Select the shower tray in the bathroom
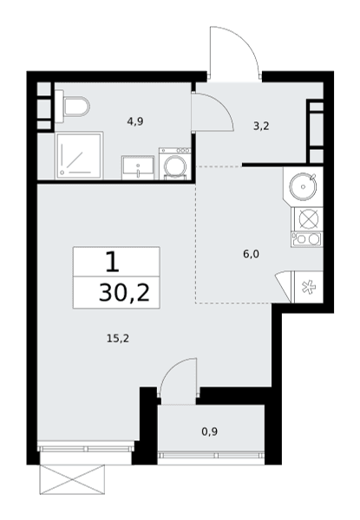click(79, 156)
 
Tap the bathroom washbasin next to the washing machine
click(138, 168)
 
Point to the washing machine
click(175, 164)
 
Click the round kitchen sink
click(304, 186)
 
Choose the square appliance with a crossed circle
click(308, 218)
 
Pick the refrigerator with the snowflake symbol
click(307, 287)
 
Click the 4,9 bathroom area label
click(135, 121)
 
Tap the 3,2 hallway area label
click(261, 126)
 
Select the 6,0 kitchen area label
click(251, 254)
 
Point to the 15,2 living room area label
click(118, 339)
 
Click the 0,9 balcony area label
click(210, 432)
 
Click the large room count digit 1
click(113, 262)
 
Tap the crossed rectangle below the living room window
click(72, 479)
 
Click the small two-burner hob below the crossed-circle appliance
click(307, 239)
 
